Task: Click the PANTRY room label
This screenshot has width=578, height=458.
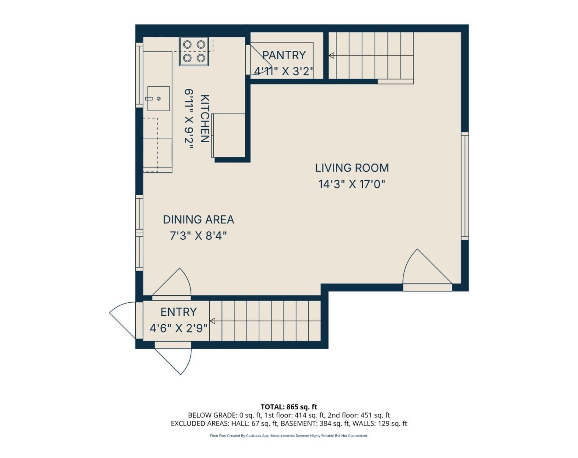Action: (284, 55)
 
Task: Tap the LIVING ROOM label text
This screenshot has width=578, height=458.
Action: (352, 168)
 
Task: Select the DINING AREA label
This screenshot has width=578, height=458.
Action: (198, 220)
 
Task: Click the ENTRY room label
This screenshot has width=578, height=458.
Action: (178, 312)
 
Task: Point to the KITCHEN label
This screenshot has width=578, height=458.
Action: (204, 119)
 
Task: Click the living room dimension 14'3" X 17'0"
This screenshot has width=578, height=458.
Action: (352, 184)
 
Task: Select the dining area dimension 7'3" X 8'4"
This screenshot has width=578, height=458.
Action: (198, 236)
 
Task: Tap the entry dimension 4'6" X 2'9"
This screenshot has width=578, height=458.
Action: (178, 328)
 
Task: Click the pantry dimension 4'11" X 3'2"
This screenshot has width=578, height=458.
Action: (284, 71)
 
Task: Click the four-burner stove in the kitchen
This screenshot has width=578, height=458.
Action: (194, 51)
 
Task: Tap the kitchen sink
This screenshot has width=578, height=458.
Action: (158, 99)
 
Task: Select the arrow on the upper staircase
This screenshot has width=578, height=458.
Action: (332, 56)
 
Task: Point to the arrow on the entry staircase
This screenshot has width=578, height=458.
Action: (212, 321)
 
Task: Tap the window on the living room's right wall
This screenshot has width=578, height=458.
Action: (465, 186)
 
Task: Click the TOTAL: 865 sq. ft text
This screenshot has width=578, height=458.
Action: (289, 407)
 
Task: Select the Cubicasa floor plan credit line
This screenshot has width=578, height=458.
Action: (289, 436)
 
